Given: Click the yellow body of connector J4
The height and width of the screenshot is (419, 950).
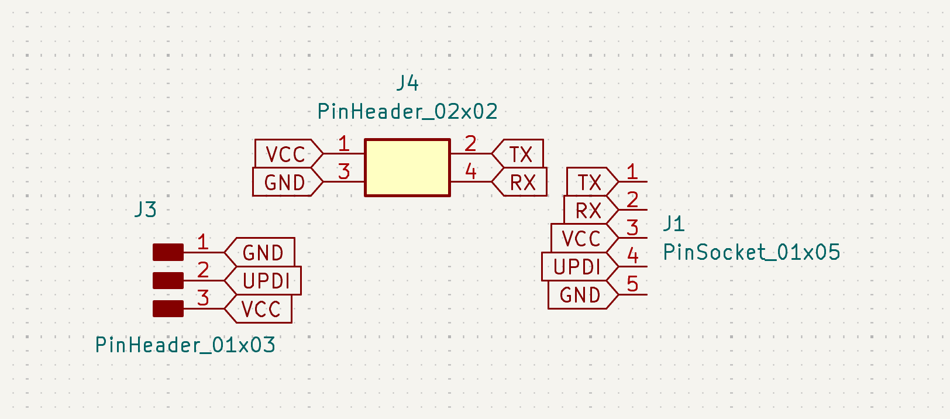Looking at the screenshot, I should click(x=407, y=167).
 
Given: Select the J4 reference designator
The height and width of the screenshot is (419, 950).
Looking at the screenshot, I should click(x=407, y=83).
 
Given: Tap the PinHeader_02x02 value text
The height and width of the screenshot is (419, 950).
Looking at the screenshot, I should click(x=407, y=111).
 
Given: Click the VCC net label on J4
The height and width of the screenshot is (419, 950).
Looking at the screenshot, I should click(x=286, y=154).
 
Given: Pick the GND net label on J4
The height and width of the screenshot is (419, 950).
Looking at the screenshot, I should click(x=285, y=182).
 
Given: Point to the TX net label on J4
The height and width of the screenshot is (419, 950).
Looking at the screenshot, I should click(x=520, y=154).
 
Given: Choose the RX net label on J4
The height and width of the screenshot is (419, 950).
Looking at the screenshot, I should click(x=522, y=182).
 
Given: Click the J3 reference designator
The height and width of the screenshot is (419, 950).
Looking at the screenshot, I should click(x=146, y=209).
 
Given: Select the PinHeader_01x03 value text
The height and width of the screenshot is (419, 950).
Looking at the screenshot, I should click(x=185, y=345).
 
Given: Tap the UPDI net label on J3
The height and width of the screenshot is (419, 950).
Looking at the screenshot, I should click(x=266, y=281).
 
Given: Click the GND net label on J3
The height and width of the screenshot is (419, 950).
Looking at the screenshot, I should click(x=263, y=252).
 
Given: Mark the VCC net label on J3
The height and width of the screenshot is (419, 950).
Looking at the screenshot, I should click(x=261, y=309).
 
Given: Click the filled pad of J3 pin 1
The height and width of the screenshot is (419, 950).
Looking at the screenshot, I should click(x=168, y=252).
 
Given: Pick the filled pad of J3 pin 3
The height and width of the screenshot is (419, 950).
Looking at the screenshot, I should click(x=168, y=308).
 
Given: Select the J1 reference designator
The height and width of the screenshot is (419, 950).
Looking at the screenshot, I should click(x=674, y=224).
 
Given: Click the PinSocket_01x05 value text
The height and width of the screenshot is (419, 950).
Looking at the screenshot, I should click(x=752, y=252).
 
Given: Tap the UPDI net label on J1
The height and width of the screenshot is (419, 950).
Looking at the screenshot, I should click(x=577, y=267).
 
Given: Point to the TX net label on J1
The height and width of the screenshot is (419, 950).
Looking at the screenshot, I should click(x=590, y=182).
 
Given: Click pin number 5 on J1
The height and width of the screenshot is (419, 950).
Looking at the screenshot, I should click(x=632, y=284).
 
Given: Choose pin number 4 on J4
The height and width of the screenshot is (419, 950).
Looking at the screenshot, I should click(x=470, y=171).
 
